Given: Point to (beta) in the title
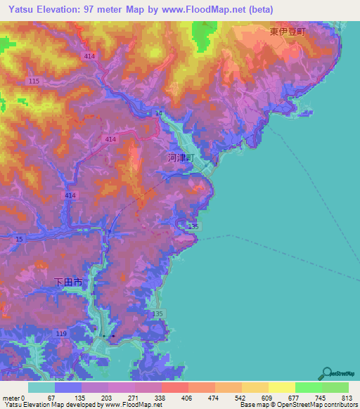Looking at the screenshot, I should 259,9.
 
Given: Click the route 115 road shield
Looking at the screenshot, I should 34,82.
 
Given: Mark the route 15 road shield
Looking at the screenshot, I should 19,240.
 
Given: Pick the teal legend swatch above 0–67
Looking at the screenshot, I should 41,387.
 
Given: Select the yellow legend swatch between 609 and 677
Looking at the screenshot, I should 281,387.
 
